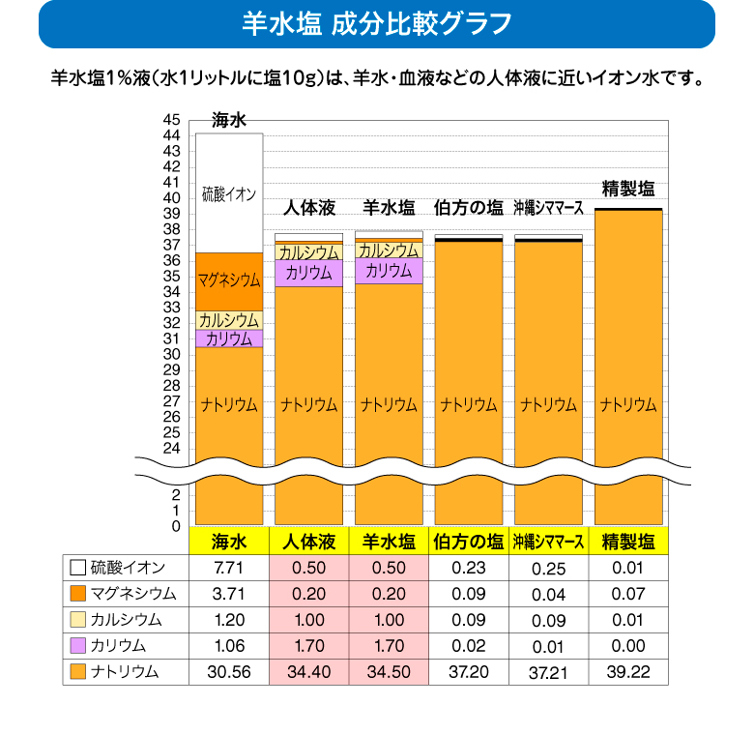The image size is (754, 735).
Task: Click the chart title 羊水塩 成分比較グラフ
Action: [376, 24]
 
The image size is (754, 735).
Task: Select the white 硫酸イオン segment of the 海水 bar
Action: [229, 193]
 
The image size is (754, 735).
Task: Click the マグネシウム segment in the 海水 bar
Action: [229, 281]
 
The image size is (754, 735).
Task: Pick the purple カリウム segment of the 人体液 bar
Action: [308, 273]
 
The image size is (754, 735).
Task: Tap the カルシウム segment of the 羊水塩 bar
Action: [389, 250]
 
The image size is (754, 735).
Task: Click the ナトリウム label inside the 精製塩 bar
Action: [627, 404]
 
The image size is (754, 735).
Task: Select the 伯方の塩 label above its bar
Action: [469, 208]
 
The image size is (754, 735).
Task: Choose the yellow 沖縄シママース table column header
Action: [548, 541]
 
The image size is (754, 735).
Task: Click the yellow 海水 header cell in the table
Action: [229, 541]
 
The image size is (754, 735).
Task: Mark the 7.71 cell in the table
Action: [229, 567]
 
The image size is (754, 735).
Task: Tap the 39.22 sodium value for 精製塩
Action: [627, 671]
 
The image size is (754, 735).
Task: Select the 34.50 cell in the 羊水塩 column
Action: [389, 671]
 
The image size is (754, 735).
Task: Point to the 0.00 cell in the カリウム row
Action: [627, 645]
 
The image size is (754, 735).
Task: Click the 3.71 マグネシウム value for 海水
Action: [229, 593]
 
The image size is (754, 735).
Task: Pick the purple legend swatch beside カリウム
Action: [77, 645]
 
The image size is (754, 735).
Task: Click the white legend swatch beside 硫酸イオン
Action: [77, 567]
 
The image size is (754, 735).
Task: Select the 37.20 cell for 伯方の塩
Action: [469, 671]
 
